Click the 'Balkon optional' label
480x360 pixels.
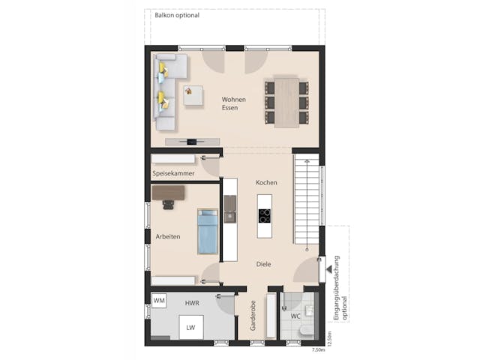point(176,15)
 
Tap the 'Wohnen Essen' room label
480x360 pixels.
point(233,103)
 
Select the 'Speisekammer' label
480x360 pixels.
point(173,173)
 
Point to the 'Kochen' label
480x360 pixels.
point(266,183)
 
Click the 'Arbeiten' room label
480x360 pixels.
point(167,236)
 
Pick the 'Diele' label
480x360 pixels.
point(263,264)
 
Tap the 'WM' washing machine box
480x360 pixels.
point(159,301)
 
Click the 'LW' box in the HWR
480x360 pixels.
point(191,327)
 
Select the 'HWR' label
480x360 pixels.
point(191,302)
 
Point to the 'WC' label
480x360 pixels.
point(295,316)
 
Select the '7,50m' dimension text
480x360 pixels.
point(318,349)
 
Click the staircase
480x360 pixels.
point(306,202)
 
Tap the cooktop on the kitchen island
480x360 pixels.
point(265,216)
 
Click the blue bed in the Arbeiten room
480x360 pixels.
point(207,232)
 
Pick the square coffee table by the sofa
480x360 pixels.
point(193,95)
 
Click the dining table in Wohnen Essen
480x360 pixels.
point(286,101)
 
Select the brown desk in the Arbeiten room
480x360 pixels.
point(167,193)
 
